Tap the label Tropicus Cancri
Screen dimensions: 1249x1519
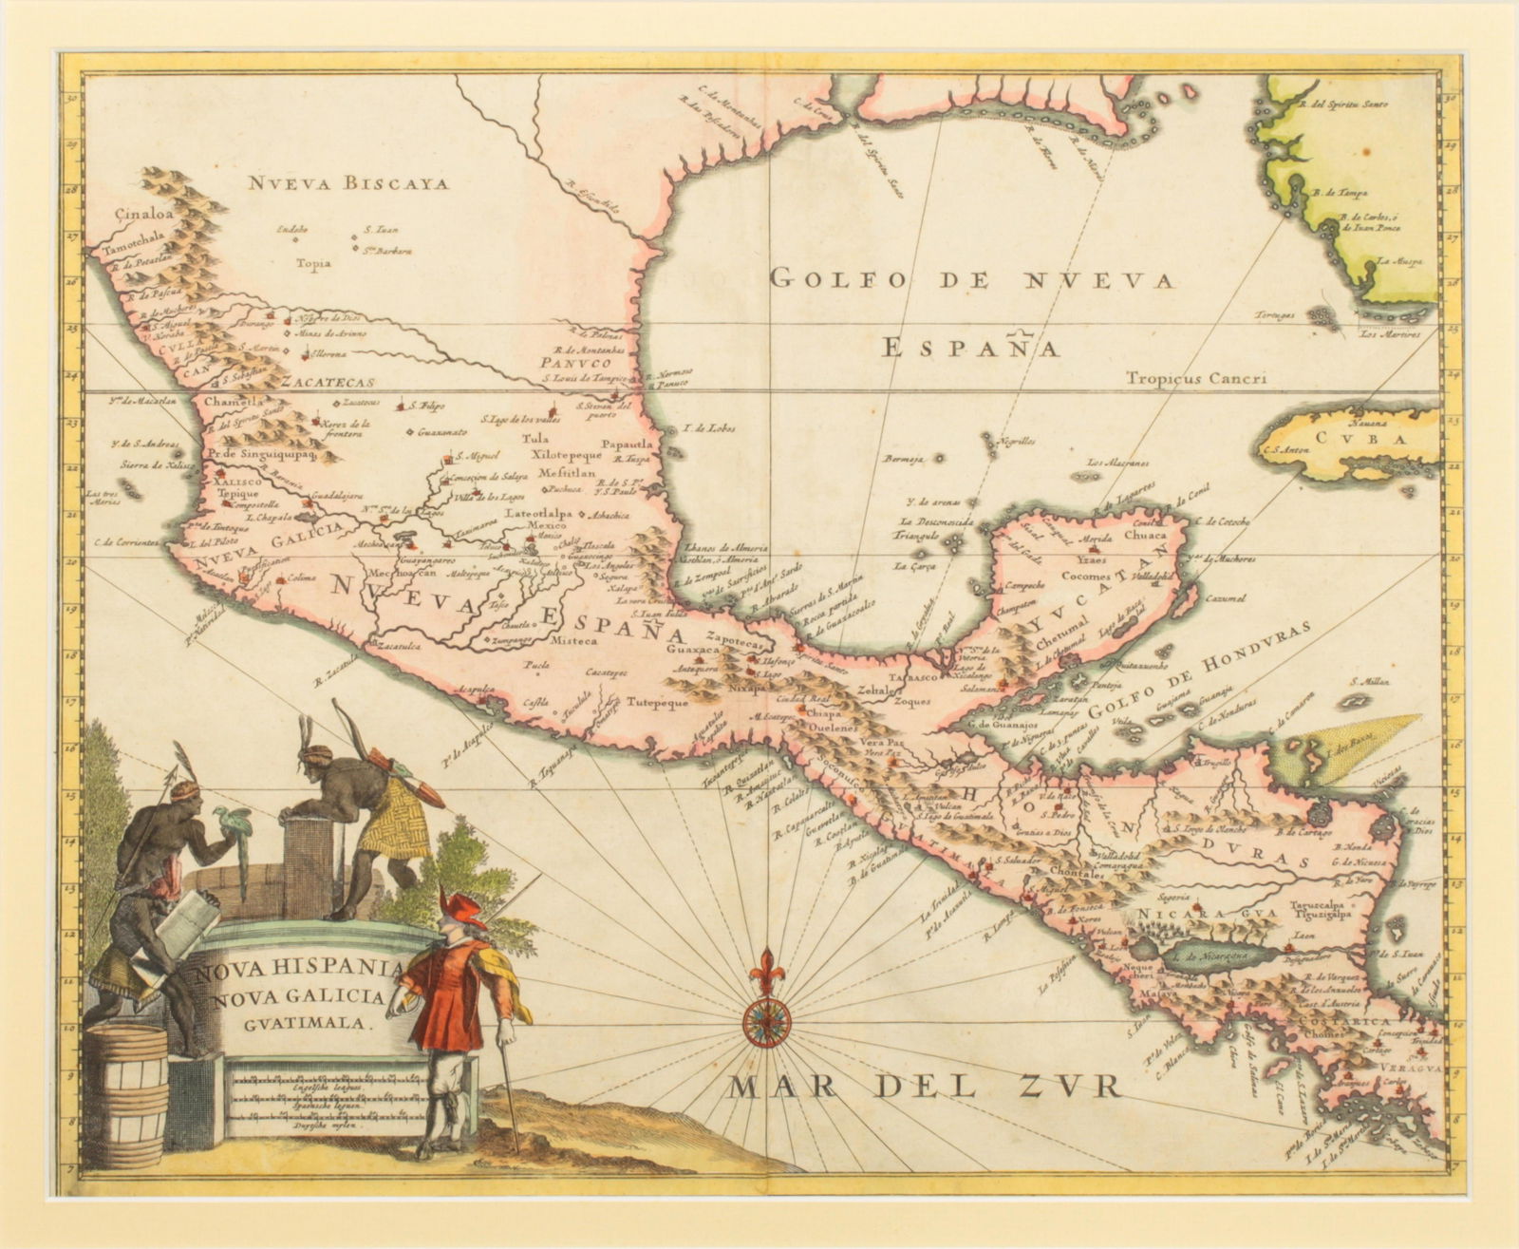pos(1197,378)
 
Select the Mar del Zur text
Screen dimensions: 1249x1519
pos(925,1086)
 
